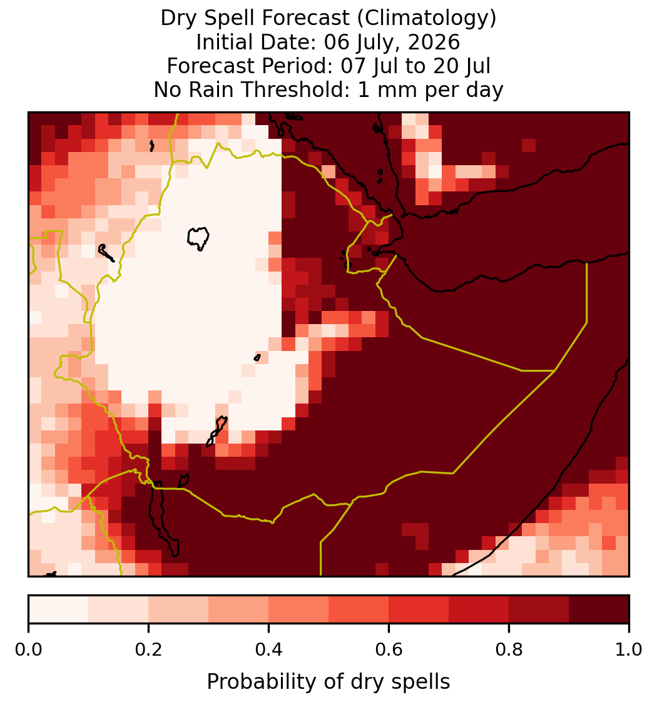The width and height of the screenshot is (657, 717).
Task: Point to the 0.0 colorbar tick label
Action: pos(28,649)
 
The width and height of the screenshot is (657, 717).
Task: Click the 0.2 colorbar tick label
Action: pos(148,649)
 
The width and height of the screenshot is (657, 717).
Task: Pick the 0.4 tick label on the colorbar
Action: pos(269,649)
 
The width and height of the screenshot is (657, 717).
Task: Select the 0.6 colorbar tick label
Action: pos(389,649)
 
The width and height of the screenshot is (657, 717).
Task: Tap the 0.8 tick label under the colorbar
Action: pos(509,649)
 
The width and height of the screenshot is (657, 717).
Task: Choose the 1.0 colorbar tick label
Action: pos(629,649)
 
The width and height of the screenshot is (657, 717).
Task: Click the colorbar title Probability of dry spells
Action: pos(328,682)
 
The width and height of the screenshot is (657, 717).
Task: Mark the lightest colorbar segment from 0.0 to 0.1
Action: pos(59,609)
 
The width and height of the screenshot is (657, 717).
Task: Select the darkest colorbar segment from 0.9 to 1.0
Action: pos(599,609)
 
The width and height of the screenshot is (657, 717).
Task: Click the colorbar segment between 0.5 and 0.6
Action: pos(359,609)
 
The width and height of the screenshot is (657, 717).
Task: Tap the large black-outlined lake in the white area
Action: pos(198,238)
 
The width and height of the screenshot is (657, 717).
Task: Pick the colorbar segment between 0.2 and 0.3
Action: pos(178,609)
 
